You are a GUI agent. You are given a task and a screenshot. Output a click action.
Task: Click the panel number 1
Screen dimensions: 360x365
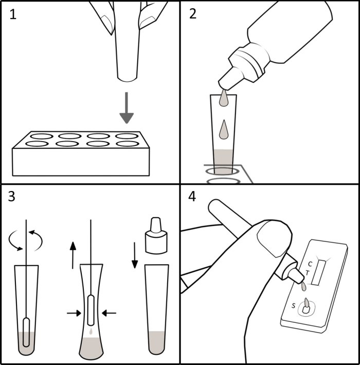coord(13,14)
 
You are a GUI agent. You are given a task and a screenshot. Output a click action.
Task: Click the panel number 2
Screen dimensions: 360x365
coord(193,14)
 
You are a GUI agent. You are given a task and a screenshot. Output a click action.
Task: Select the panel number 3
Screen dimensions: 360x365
coord(12,196)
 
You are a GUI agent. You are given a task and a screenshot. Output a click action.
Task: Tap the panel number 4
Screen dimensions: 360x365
coord(192,197)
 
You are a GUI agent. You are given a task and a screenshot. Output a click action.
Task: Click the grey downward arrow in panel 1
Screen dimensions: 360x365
coord(127,108)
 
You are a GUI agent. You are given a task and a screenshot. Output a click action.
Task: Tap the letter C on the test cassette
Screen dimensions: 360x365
coord(310,264)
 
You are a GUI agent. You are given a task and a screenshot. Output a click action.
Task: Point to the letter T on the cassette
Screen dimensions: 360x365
coord(308,272)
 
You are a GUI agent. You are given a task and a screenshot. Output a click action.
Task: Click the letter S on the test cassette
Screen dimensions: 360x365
coord(294,305)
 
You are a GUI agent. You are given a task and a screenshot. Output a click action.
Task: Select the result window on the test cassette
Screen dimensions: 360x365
coord(319,272)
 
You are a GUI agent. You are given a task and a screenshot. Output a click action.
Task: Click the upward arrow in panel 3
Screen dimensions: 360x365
coord(73,255)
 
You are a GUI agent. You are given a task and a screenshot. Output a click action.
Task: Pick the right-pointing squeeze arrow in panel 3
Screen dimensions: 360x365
coord(74,313)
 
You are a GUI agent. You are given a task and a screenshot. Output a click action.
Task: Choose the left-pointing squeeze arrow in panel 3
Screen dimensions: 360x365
coord(109,314)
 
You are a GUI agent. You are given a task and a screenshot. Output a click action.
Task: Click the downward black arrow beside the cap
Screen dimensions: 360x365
coord(135,255)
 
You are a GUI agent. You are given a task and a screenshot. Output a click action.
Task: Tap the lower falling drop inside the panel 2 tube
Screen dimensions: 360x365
coord(224,130)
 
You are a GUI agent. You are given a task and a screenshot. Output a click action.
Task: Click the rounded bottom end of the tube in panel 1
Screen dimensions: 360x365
coord(127,79)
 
